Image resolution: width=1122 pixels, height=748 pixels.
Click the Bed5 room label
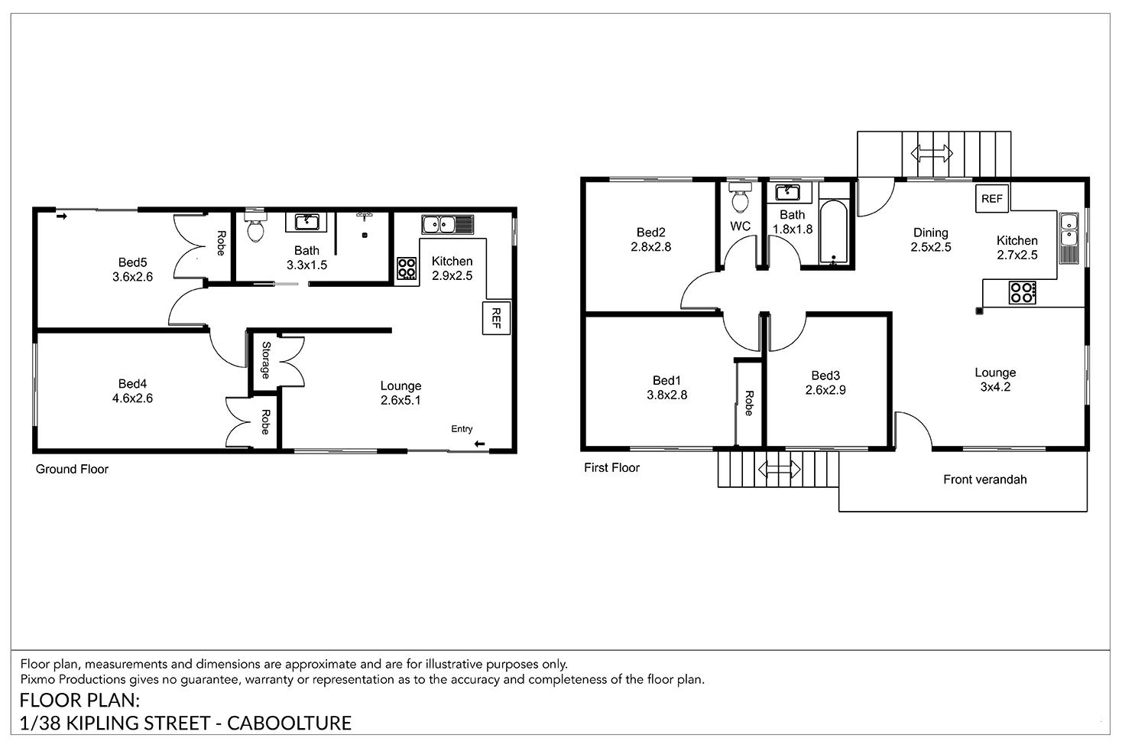[x=132, y=262]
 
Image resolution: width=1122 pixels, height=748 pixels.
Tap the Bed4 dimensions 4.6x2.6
[x=132, y=398]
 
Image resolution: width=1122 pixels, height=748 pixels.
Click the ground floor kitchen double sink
[x=447, y=224]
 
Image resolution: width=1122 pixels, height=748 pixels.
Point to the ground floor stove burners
[x=407, y=268]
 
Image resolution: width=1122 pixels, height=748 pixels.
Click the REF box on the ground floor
[x=496, y=318]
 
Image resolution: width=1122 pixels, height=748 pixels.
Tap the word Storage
[x=266, y=360]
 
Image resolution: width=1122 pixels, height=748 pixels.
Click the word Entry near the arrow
[x=462, y=428]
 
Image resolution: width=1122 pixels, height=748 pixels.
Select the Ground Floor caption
[x=72, y=470]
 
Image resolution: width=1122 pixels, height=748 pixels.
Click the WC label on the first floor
[x=740, y=226]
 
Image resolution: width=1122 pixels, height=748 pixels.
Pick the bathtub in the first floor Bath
[x=834, y=232]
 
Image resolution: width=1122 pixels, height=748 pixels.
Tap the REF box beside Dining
[x=992, y=199]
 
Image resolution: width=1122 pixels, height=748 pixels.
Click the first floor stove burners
[x=1023, y=293]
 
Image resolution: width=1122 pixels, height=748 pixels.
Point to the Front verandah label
[x=984, y=480]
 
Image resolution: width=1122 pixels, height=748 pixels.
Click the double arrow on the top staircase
[x=931, y=154]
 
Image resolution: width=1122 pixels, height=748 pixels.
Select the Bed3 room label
[x=825, y=376]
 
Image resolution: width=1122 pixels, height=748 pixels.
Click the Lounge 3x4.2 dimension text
[x=995, y=387]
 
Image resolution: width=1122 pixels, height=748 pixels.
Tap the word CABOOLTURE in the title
[x=290, y=723]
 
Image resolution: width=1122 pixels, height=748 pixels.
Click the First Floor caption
[x=611, y=468]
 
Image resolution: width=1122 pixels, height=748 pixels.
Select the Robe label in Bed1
[x=749, y=404]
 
